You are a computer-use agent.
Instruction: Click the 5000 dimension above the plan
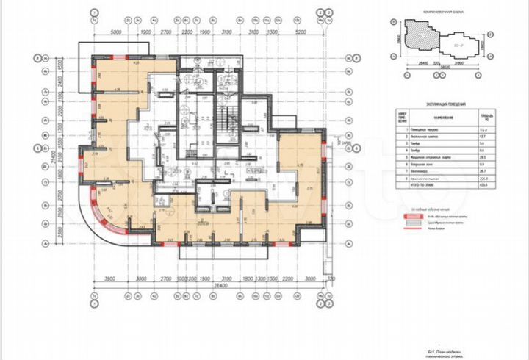(x=115, y=33)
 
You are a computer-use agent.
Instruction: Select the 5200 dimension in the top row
(x=299, y=33)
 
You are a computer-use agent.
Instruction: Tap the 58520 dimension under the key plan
(x=445, y=68)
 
